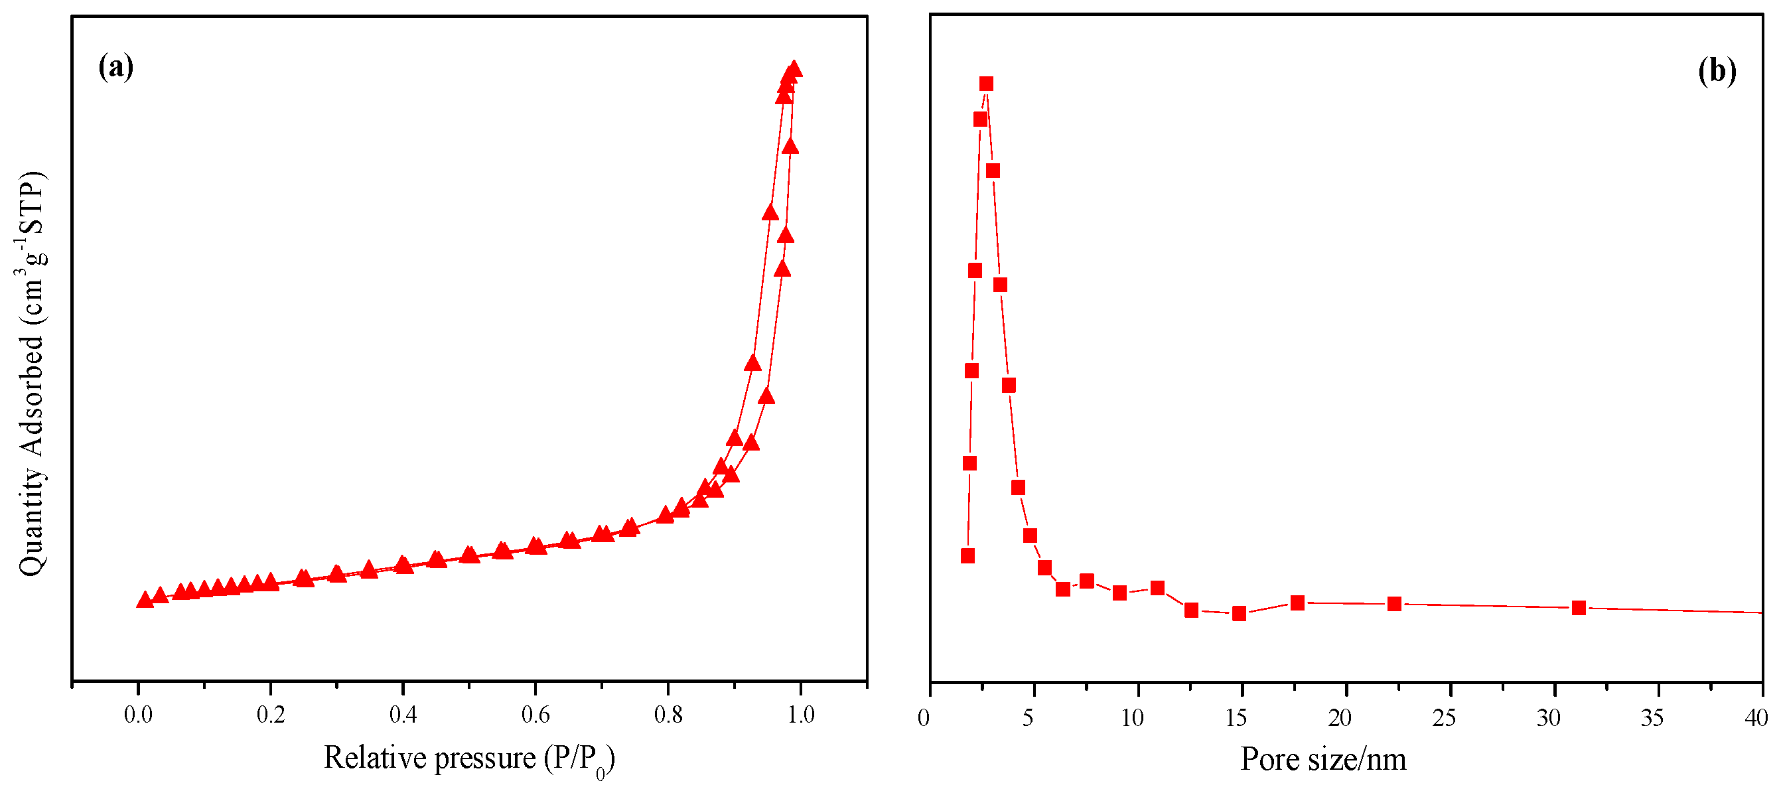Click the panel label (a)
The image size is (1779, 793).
(x=115, y=67)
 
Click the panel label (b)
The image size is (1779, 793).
(x=1717, y=70)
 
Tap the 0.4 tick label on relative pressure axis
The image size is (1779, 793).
(x=403, y=715)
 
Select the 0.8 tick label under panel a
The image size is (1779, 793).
(x=668, y=715)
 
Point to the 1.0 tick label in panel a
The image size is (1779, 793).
(x=800, y=715)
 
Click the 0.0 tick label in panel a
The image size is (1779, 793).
(x=138, y=715)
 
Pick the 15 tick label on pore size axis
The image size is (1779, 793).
(x=1236, y=719)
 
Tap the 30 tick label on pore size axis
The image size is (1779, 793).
(x=1548, y=719)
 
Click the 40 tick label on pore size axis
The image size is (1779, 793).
(x=1756, y=719)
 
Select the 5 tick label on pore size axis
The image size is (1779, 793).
(x=1028, y=719)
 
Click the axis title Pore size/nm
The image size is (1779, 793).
(x=1323, y=760)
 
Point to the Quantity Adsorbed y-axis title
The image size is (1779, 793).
(x=32, y=373)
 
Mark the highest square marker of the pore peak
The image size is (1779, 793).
(x=986, y=84)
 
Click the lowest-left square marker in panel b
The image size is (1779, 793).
(x=967, y=556)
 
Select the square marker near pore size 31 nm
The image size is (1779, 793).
(x=1579, y=608)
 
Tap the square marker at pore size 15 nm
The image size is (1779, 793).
(x=1240, y=613)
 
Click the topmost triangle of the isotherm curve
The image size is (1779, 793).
(x=794, y=69)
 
